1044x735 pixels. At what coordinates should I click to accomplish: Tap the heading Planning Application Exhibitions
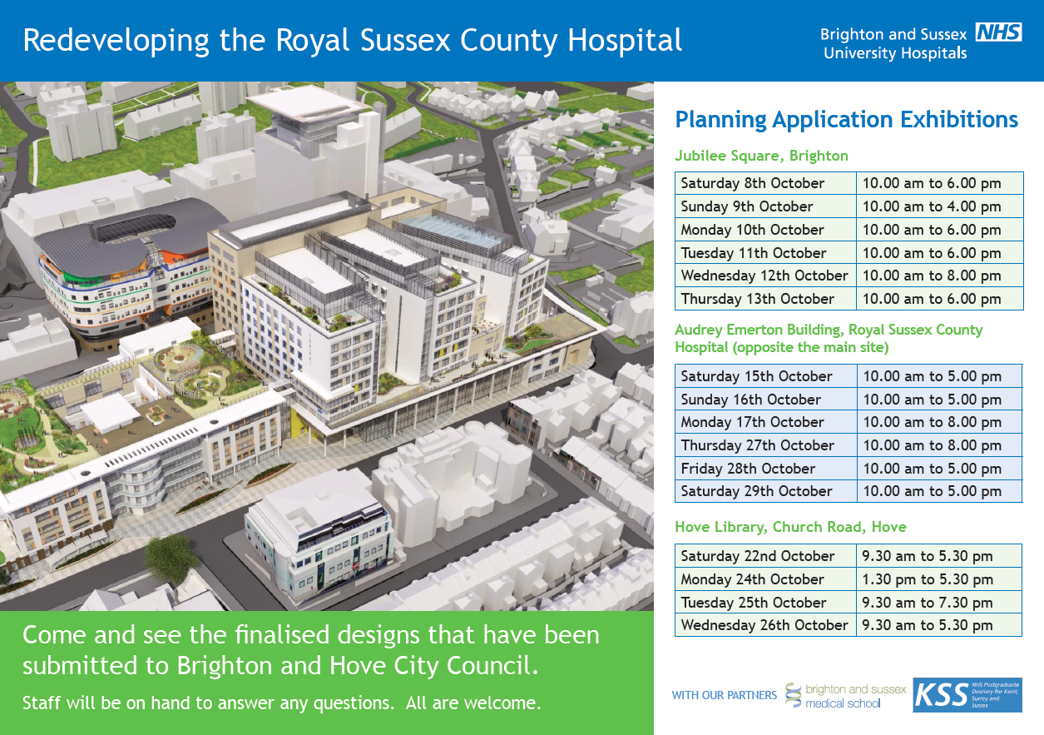click(x=846, y=120)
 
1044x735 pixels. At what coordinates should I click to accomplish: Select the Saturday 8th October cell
click(x=752, y=183)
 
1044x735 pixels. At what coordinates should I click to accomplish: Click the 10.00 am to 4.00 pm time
click(x=931, y=206)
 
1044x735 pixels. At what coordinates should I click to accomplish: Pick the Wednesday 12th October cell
click(x=764, y=276)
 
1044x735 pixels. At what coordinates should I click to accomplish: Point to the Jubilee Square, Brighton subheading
click(x=761, y=156)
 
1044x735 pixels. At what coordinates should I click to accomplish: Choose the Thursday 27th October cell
click(x=757, y=445)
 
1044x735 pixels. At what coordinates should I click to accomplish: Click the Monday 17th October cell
click(x=752, y=422)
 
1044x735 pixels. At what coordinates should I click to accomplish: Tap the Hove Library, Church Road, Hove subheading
click(x=790, y=527)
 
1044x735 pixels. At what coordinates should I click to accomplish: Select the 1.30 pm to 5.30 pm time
click(x=927, y=579)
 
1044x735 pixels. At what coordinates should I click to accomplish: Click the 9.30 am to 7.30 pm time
click(x=927, y=603)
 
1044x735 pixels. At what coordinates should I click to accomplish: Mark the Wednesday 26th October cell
click(x=764, y=625)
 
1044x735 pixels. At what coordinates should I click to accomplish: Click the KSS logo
click(x=967, y=695)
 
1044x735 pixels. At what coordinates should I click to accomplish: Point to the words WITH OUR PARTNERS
click(x=724, y=695)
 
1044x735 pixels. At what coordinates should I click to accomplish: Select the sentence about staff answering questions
click(x=281, y=703)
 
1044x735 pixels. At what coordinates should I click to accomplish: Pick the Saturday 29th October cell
click(x=756, y=491)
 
